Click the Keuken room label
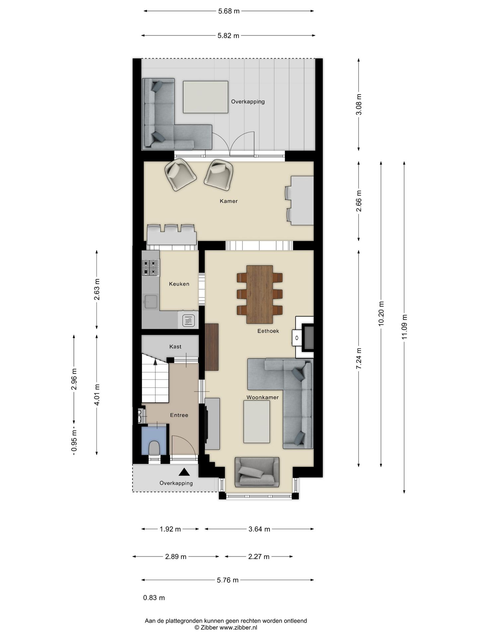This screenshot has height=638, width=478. pos(179,284)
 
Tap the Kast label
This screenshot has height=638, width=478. pos(175,347)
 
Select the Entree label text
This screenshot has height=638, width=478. pos(179,415)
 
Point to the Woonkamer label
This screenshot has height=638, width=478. pos(262,397)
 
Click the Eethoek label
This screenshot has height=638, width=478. pos(268,331)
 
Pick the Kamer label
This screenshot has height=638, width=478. pos(229,201)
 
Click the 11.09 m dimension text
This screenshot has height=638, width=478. pos(404,327)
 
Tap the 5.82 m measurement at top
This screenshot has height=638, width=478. pos(228,36)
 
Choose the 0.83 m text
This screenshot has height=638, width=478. pos(154,598)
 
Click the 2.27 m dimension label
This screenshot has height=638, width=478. pos(259,557)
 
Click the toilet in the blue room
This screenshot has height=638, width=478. pos(154,448)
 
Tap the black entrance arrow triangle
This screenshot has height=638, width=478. pos(184,472)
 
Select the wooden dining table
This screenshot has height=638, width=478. pos(260,294)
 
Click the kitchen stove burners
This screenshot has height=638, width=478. pos(150,268)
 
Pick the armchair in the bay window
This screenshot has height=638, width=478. pos(257,472)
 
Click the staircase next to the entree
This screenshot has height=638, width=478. pos(155,379)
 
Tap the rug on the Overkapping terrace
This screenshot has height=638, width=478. pos(206,97)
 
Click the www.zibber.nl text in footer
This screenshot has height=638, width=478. pos(238,628)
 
